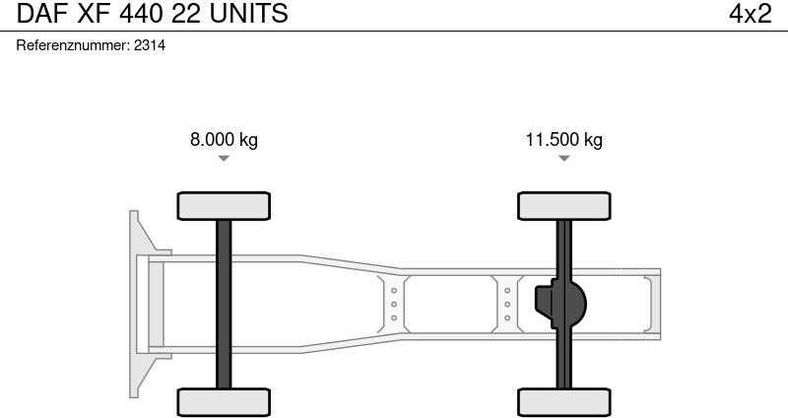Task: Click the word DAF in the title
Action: (x=41, y=13)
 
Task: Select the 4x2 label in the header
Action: (x=751, y=13)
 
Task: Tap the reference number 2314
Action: (x=150, y=45)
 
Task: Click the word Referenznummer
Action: (x=73, y=45)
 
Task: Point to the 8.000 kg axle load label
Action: (x=224, y=139)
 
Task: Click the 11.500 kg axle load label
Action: (x=563, y=139)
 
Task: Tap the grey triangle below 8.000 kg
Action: (x=224, y=159)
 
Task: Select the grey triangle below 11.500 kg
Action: (x=563, y=159)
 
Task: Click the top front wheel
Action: (x=224, y=206)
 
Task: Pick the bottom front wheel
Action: (x=224, y=402)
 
